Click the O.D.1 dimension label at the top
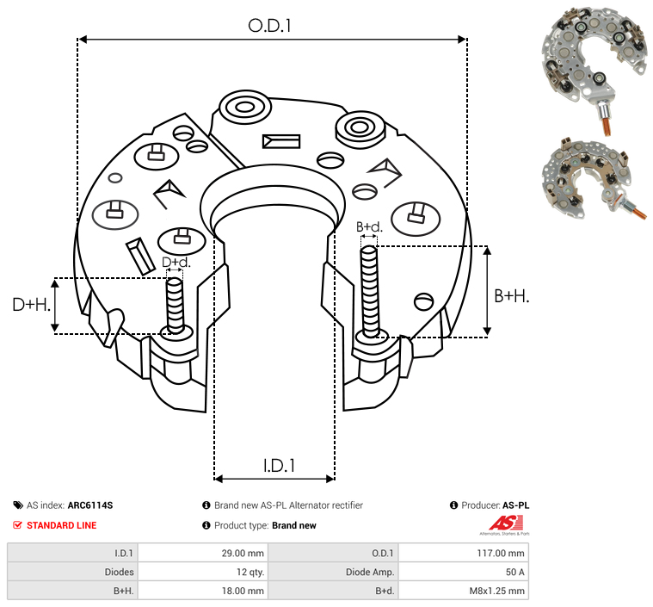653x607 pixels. tap(270, 26)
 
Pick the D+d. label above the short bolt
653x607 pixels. tap(176, 262)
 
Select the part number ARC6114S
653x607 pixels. tap(90, 505)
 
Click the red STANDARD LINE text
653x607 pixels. tap(61, 525)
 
